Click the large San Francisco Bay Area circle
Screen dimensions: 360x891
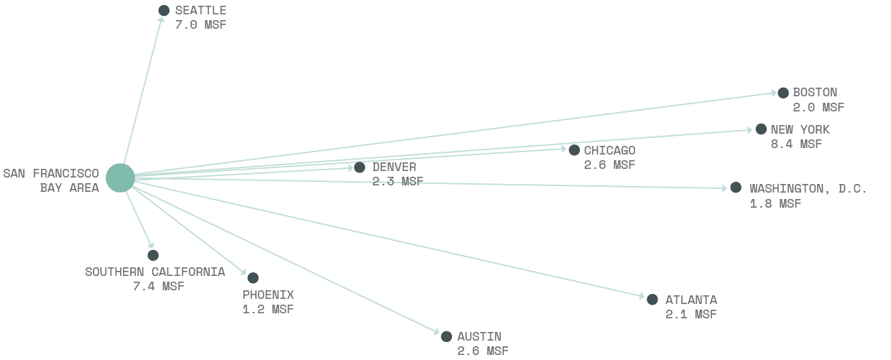click(120, 178)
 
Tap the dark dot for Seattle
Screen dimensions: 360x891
click(164, 11)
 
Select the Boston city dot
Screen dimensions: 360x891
click(782, 93)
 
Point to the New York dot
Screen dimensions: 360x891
click(761, 129)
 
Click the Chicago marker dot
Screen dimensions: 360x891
click(574, 150)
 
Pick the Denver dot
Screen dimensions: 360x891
click(359, 167)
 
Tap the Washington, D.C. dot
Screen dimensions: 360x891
click(736, 188)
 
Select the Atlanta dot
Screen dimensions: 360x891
click(652, 300)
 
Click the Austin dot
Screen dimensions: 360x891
click(446, 336)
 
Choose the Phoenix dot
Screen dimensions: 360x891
click(253, 278)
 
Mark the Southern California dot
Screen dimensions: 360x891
click(153, 255)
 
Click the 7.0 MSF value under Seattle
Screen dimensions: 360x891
click(200, 25)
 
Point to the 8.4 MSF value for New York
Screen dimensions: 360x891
click(796, 144)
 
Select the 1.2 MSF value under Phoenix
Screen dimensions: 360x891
click(268, 309)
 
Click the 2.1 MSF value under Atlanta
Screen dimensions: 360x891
click(691, 314)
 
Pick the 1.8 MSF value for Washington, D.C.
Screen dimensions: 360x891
click(775, 203)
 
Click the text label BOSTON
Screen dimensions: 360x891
click(815, 93)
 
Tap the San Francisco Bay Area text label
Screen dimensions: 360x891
click(51, 180)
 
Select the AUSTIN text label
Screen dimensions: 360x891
click(479, 336)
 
